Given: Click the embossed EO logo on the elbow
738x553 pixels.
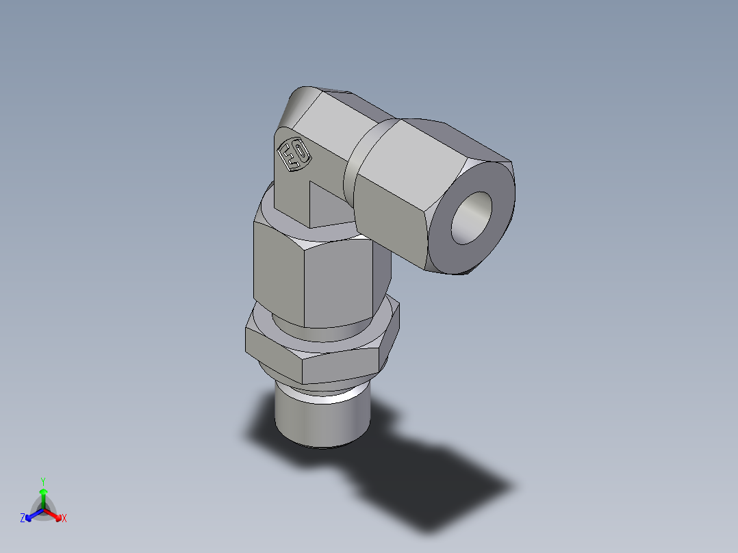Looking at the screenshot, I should [293, 155].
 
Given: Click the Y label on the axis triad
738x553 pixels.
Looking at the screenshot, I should [43, 480].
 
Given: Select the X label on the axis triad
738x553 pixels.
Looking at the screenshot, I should [64, 519].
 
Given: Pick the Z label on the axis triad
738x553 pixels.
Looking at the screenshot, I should [23, 519].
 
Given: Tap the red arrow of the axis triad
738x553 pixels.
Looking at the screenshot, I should [54, 514].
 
